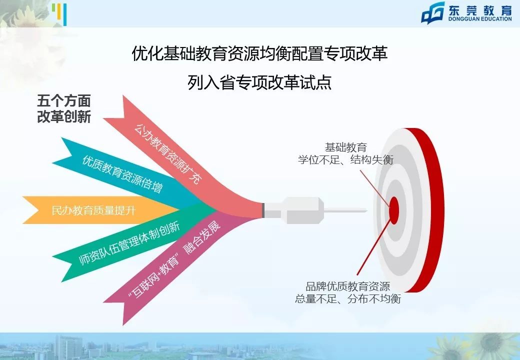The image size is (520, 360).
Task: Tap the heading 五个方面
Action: tap(64, 101)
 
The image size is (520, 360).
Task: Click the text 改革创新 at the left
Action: tap(64, 117)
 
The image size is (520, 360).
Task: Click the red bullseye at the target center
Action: tap(394, 210)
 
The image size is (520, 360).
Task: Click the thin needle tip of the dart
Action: tap(345, 210)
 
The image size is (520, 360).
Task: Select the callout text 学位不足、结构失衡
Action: tap(345, 160)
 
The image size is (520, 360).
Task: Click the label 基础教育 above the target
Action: tap(345, 147)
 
